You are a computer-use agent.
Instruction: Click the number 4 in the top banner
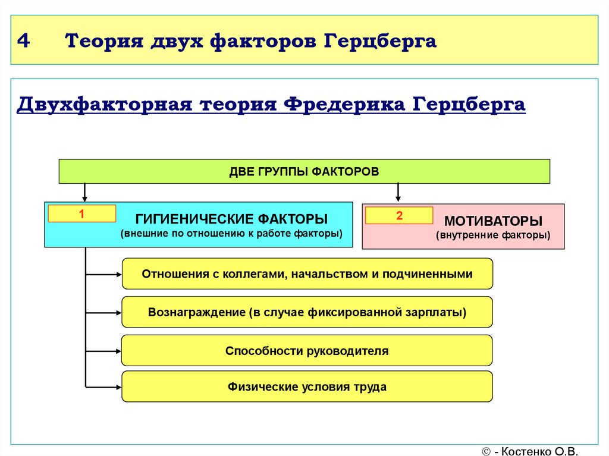point(23,40)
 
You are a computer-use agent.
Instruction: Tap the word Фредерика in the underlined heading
point(344,105)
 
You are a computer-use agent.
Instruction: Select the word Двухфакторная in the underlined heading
point(105,105)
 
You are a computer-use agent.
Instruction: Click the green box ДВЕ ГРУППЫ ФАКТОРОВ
point(304,171)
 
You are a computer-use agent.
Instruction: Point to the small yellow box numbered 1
point(82,213)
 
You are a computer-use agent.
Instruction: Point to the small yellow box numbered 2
point(399,216)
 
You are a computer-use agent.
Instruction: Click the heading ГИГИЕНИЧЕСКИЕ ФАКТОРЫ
point(231,219)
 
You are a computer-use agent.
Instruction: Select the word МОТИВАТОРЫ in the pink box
point(493,221)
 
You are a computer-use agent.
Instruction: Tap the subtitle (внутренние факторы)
point(493,235)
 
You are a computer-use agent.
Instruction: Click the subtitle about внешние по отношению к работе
point(231,234)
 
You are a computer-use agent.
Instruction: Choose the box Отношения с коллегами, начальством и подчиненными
point(307,274)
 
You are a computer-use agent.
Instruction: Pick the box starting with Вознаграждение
point(307,312)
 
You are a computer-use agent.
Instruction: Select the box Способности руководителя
point(307,351)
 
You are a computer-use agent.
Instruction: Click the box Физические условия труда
point(307,387)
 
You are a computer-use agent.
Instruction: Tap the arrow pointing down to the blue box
point(84,193)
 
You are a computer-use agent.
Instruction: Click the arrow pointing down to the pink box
point(398,193)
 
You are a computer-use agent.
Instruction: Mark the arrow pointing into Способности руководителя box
point(103,351)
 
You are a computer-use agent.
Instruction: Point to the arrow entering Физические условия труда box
point(103,387)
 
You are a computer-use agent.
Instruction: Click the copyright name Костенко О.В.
point(539,451)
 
